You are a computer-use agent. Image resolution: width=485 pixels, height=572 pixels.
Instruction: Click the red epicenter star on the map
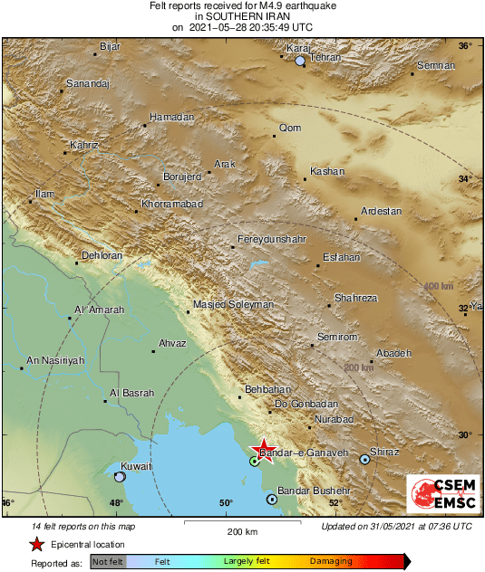264,451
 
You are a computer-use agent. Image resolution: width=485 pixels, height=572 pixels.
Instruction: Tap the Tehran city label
325,58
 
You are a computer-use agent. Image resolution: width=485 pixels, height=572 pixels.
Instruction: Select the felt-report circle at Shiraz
364,460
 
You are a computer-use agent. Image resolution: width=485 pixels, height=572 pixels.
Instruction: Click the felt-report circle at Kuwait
120,476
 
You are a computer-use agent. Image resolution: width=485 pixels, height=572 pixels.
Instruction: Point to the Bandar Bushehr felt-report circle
271,499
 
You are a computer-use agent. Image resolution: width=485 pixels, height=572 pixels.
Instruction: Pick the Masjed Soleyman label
233,305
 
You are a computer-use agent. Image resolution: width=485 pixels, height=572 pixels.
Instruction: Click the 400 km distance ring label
438,287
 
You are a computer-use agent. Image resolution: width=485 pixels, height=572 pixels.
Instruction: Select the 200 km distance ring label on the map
359,367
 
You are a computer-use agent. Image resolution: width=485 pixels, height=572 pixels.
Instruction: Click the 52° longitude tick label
335,503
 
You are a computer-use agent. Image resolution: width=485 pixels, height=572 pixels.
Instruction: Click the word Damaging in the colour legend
331,561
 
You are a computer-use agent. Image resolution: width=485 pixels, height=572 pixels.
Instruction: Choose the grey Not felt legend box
110,562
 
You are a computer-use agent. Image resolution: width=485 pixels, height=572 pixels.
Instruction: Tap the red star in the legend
36,545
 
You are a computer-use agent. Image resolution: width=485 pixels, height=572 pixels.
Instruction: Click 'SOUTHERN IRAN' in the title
242,16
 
